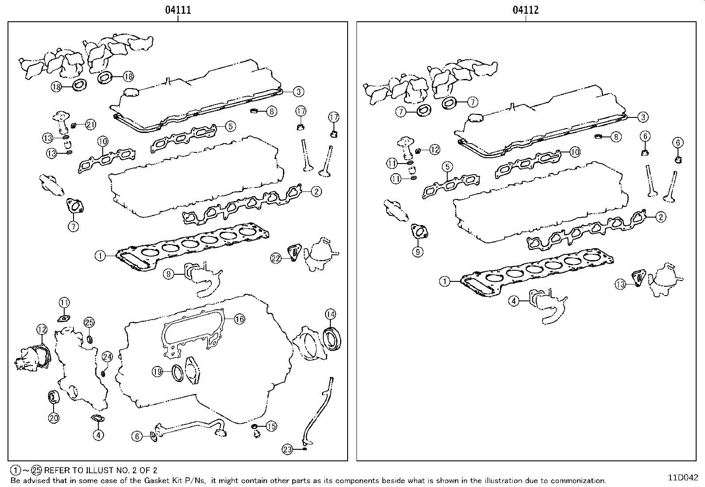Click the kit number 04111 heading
pos(178,10)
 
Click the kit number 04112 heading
pos(526,10)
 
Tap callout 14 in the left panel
pos(330,314)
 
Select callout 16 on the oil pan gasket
pos(239,319)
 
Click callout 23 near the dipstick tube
pos(287,449)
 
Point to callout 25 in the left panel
pos(89,322)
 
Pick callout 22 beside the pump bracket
pos(276,258)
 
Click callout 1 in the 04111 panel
pos(101,255)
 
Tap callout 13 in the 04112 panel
pos(620,284)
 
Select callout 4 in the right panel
pos(513,301)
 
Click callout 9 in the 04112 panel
pos(418,252)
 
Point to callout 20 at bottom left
pos(54,417)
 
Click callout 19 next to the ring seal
pos(158,372)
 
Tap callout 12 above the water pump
pos(42,329)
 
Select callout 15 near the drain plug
pos(271,426)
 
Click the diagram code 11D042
pos(683,478)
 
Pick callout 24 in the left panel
pos(107,356)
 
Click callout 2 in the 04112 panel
pos(660,217)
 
